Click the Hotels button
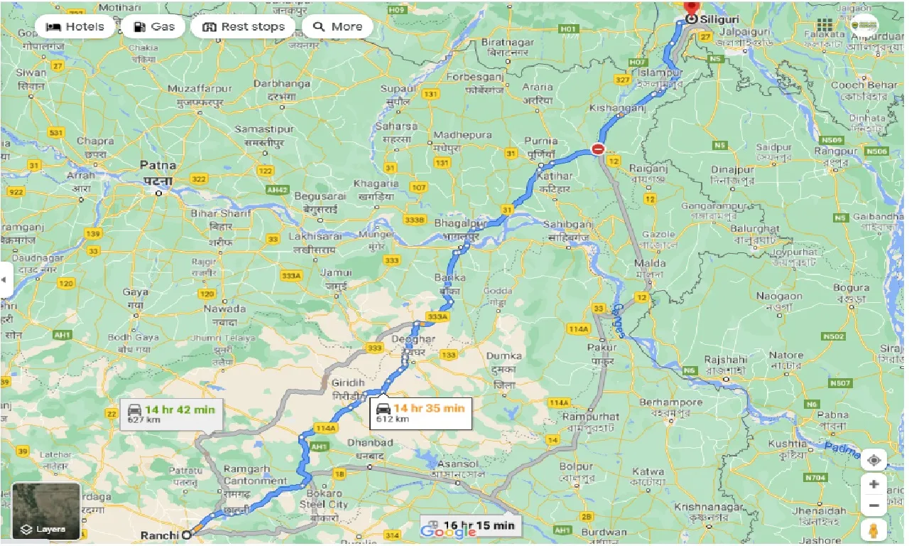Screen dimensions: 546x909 (x=75, y=27)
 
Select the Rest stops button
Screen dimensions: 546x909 (x=243, y=27)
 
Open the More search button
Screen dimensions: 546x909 (x=338, y=27)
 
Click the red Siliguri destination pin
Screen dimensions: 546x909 (x=690, y=7)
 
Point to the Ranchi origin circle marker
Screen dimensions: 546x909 (x=187, y=535)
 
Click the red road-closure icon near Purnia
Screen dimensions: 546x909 (x=598, y=149)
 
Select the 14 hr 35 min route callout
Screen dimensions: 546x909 (x=420, y=412)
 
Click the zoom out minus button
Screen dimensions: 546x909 (x=873, y=506)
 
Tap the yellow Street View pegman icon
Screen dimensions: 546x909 (x=873, y=530)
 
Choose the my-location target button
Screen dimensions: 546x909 (x=873, y=460)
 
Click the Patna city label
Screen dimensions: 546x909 (x=158, y=165)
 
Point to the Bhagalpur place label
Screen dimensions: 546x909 (x=458, y=223)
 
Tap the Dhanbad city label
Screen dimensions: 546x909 (x=369, y=443)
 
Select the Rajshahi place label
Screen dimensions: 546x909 (x=726, y=360)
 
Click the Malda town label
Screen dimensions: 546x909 (x=650, y=263)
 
